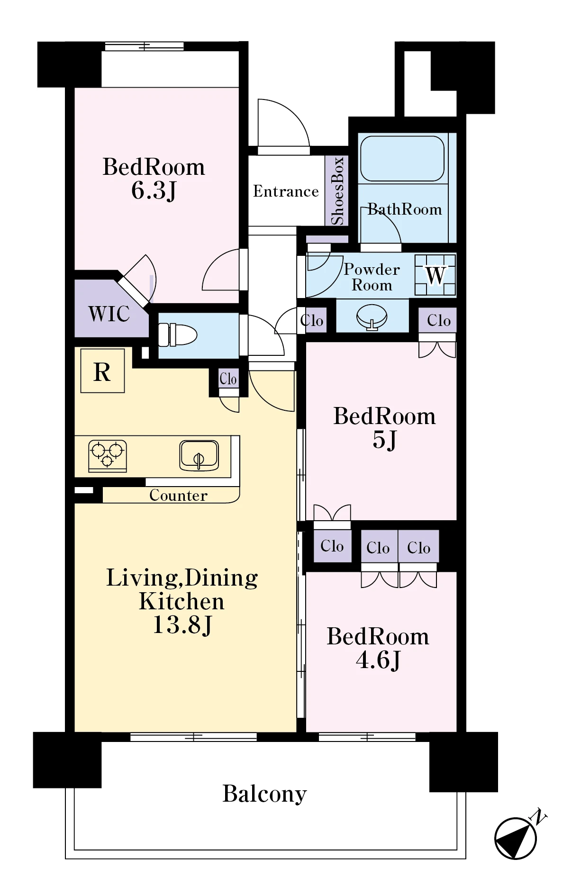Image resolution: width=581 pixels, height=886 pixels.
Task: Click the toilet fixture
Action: click(177, 335)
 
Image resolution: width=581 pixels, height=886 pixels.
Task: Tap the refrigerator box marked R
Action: click(102, 371)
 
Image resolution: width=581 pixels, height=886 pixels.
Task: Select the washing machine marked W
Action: click(435, 275)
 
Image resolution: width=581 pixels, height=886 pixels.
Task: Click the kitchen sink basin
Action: click(199, 456)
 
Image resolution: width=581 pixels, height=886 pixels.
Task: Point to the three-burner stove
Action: click(108, 456)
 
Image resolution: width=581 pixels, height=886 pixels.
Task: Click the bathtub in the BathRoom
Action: click(402, 159)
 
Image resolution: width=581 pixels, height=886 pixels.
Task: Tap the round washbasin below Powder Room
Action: click(372, 316)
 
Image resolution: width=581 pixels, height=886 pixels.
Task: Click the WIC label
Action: click(109, 314)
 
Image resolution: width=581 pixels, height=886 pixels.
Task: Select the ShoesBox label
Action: click(337, 191)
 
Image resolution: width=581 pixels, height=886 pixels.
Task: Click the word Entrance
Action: click(286, 191)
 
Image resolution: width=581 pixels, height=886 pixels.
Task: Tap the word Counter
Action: click(178, 496)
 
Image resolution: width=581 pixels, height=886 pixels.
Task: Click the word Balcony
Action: click(264, 795)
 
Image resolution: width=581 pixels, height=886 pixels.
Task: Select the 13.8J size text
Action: click(182, 625)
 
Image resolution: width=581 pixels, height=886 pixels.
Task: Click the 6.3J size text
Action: click(154, 190)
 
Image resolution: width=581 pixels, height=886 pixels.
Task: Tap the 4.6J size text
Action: click(378, 660)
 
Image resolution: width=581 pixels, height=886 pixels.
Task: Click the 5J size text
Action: click(384, 440)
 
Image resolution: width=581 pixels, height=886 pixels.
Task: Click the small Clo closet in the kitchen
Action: click(228, 379)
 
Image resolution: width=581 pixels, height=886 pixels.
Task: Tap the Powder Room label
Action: click(372, 277)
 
